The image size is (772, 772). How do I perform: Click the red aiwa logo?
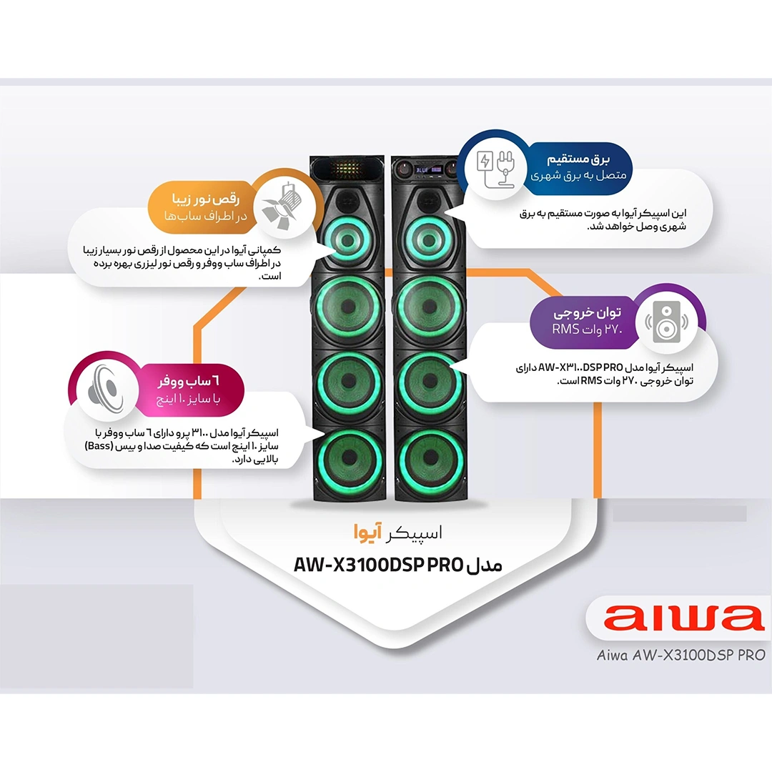pos(675,619)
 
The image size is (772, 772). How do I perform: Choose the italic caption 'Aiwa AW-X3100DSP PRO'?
pos(681,654)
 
